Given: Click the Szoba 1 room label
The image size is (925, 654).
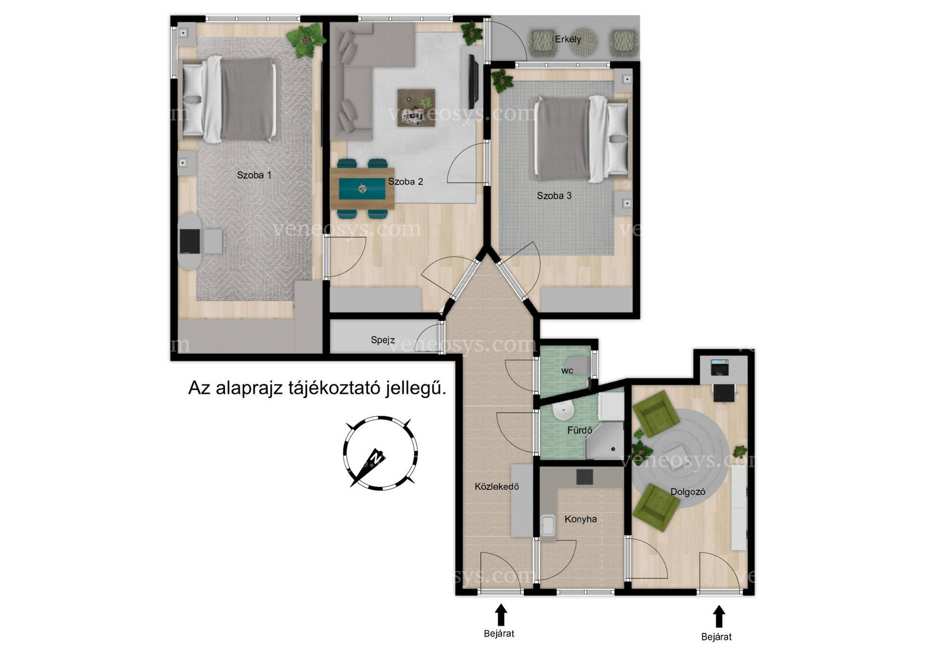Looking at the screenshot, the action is pos(254,175).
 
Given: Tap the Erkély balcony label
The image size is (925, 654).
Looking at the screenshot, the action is pos(568,39).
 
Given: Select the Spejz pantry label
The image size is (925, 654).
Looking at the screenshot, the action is pos(383,340).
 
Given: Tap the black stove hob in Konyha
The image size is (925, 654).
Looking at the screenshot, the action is pos(585,477).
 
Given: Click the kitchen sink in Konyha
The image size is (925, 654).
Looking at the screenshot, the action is pos(548,525).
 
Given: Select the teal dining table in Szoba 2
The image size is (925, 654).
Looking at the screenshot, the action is pos(362,188).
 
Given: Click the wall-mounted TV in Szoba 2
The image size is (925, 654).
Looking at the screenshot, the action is pos(474,82).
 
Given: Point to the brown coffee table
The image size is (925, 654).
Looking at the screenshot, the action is pos(416,108).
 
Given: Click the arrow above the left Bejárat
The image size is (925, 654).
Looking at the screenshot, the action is pos(501,615).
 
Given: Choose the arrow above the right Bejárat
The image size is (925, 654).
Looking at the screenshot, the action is pos(719,617).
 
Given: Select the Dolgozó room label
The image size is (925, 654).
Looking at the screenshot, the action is pos(687,492).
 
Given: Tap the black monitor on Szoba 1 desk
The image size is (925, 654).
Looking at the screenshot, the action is pos(190,241).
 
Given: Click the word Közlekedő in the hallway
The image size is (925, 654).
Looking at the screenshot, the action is pos(497,486).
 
